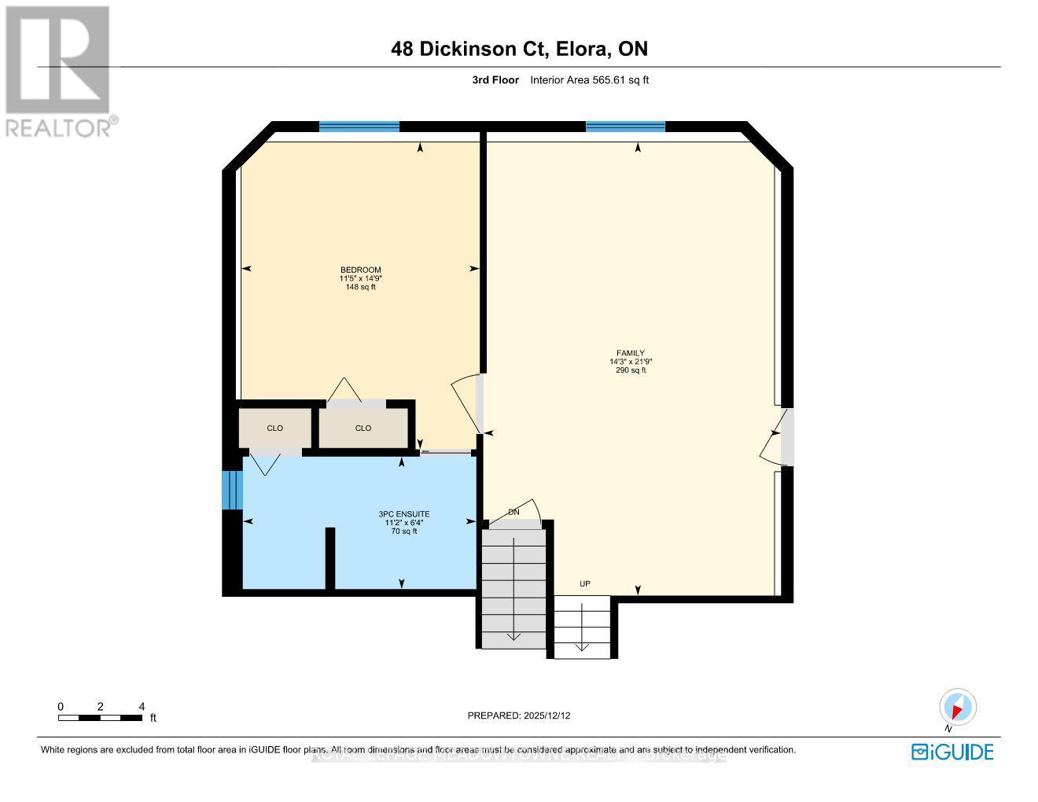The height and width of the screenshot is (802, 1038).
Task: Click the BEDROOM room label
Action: tap(360, 270)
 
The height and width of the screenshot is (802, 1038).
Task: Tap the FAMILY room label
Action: tap(631, 353)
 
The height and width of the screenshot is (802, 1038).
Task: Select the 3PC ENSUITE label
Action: tap(404, 514)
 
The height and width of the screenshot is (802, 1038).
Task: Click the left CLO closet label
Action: tap(274, 428)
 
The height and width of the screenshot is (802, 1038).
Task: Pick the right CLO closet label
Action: tap(363, 428)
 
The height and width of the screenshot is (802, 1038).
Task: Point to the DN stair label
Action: tap(513, 512)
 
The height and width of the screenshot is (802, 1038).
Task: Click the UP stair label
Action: tap(584, 583)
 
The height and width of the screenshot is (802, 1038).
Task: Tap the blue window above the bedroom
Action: tap(359, 127)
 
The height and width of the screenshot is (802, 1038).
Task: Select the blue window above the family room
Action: tap(625, 127)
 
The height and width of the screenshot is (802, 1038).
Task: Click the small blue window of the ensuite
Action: tap(230, 490)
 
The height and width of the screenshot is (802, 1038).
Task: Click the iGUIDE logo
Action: tap(952, 752)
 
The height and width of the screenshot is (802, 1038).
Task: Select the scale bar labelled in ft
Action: tap(101, 716)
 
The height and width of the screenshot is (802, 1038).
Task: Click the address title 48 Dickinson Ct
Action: tap(519, 49)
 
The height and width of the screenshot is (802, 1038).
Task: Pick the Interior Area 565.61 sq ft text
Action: tap(589, 79)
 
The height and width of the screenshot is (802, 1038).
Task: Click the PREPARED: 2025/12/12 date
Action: tap(519, 716)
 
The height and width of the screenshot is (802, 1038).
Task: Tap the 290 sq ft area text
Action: tap(631, 370)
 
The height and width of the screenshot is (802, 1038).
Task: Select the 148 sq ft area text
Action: tap(360, 287)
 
